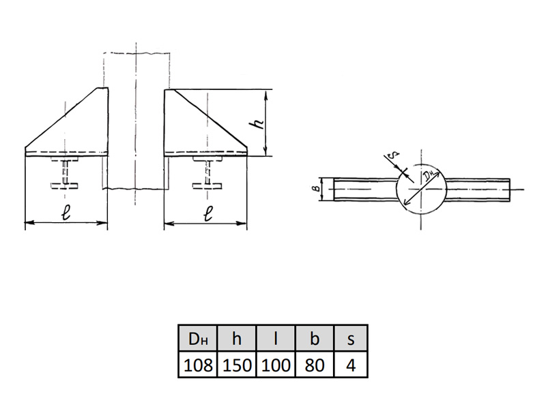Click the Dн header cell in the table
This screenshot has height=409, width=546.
click(x=198, y=338)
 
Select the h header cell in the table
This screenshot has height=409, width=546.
click(x=237, y=338)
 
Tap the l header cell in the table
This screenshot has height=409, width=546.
click(x=276, y=338)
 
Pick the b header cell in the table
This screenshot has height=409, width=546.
click(x=315, y=338)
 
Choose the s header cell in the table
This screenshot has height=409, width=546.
click(x=351, y=338)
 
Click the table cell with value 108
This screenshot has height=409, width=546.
click(x=198, y=365)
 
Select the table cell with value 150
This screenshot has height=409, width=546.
click(x=237, y=365)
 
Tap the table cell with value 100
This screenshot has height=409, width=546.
click(x=276, y=365)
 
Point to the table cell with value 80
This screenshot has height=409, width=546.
click(x=315, y=365)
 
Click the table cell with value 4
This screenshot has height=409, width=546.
click(x=351, y=365)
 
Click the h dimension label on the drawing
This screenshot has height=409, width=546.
click(x=258, y=123)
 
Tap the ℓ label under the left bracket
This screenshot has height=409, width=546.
click(x=66, y=211)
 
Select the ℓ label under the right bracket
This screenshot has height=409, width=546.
click(x=208, y=213)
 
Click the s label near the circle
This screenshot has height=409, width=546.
click(x=393, y=155)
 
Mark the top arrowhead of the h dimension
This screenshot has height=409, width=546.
click(x=265, y=93)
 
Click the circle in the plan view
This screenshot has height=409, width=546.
click(x=397, y=189)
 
